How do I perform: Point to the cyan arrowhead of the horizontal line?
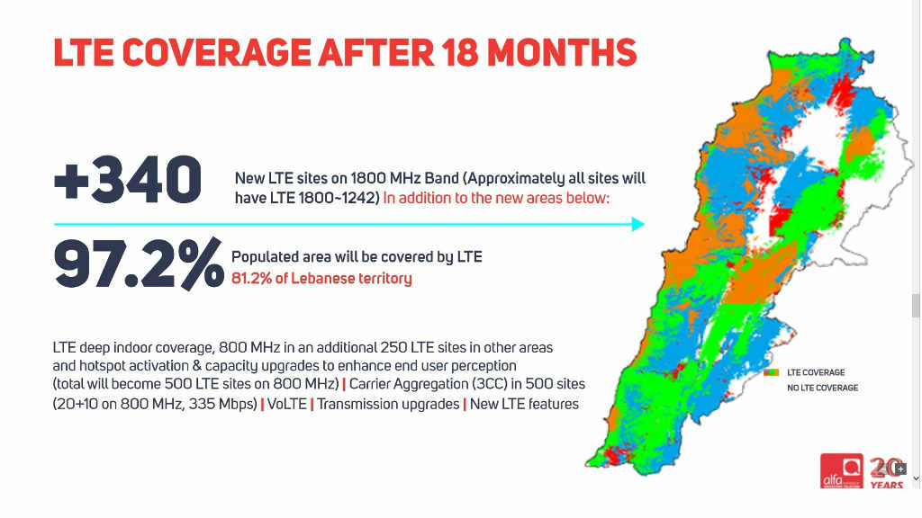point(638,224)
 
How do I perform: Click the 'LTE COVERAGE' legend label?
point(816,372)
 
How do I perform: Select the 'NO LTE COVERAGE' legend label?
point(822,388)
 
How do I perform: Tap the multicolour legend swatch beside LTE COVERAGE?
point(770,372)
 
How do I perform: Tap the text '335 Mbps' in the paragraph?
point(217,404)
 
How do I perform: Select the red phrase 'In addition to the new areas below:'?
point(496,197)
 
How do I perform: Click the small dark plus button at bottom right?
point(900,469)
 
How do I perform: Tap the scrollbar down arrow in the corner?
point(916,478)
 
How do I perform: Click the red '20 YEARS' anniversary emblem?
point(886,473)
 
